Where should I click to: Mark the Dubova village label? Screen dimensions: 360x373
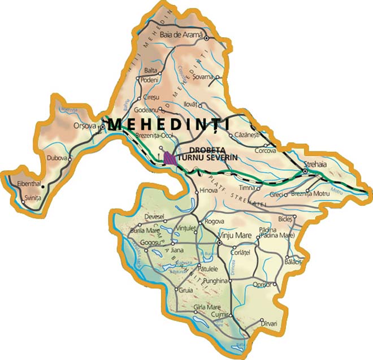[57, 158]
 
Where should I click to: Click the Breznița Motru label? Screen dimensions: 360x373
[311, 194]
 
